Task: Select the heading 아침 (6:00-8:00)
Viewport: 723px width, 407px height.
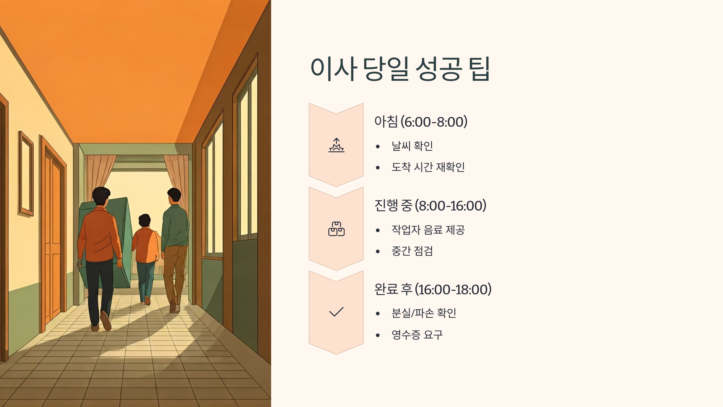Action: (x=421, y=122)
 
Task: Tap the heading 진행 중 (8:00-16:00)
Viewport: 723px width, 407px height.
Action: (x=430, y=206)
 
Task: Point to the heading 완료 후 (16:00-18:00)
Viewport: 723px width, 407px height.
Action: (x=433, y=289)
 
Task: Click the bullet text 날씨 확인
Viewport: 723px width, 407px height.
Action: (x=412, y=146)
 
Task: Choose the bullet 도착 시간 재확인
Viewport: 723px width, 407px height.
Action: (x=428, y=167)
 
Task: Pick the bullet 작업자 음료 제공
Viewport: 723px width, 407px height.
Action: (x=428, y=230)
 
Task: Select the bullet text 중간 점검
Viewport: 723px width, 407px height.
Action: (x=412, y=251)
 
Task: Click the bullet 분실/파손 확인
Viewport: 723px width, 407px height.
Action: (x=424, y=313)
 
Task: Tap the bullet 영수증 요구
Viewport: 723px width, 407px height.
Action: (x=417, y=335)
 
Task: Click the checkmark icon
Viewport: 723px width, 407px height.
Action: (x=336, y=312)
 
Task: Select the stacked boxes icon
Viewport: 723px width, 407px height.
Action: (x=336, y=229)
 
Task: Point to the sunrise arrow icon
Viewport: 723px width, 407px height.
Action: (x=336, y=145)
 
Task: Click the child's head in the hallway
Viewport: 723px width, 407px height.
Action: (x=145, y=221)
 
